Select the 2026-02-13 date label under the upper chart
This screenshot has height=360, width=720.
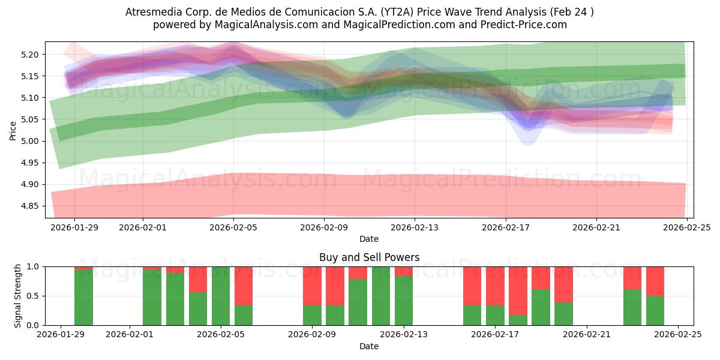pos(415,227)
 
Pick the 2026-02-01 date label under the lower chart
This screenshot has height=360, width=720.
pos(130,335)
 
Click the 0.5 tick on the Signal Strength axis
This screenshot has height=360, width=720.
pos(34,296)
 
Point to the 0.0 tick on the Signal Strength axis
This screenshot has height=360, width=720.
pos(34,325)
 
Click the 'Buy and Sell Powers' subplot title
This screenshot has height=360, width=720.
pos(369,257)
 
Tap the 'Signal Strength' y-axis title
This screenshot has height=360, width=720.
pos(18,296)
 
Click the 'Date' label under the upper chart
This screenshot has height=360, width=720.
pos(369,239)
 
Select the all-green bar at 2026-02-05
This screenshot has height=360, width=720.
pos(221,296)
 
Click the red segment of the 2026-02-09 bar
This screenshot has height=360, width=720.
pos(312,286)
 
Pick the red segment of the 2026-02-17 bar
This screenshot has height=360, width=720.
pos(495,286)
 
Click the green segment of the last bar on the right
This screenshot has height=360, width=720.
pos(655,310)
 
